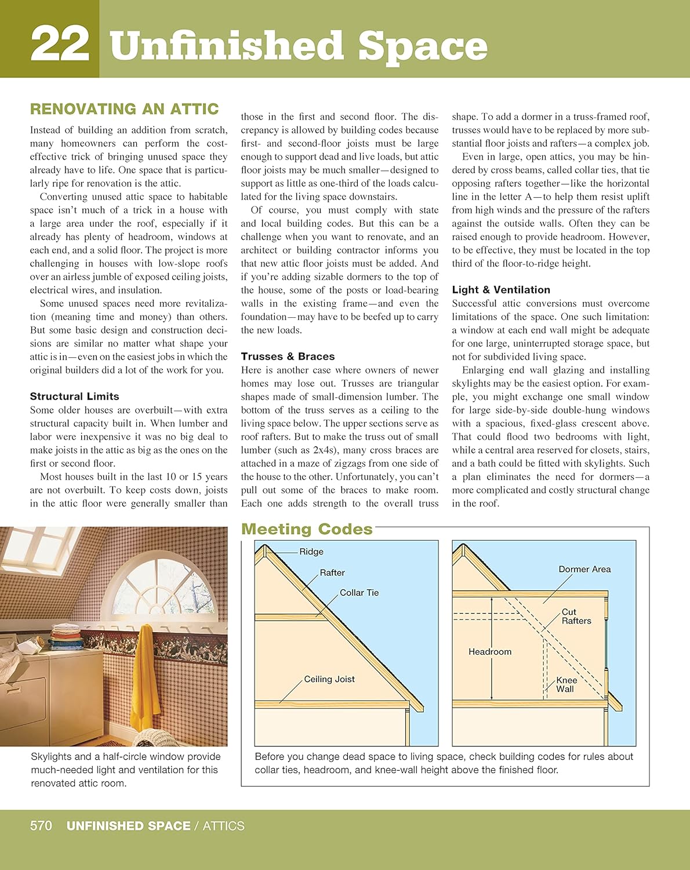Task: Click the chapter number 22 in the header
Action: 60,43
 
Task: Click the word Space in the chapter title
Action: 422,46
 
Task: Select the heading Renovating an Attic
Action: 124,109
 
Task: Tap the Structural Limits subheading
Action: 74,396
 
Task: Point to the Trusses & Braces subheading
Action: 288,356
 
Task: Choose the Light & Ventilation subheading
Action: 501,289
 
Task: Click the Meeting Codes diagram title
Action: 307,529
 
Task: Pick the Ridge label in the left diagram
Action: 311,552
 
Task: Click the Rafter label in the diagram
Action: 332,572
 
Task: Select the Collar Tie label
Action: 359,593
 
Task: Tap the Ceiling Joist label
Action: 329,679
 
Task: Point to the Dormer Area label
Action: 584,569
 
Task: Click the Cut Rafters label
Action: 576,617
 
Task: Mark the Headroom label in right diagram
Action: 490,652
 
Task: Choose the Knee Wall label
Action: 566,685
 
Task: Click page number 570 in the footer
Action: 41,826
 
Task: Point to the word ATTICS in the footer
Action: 223,826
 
